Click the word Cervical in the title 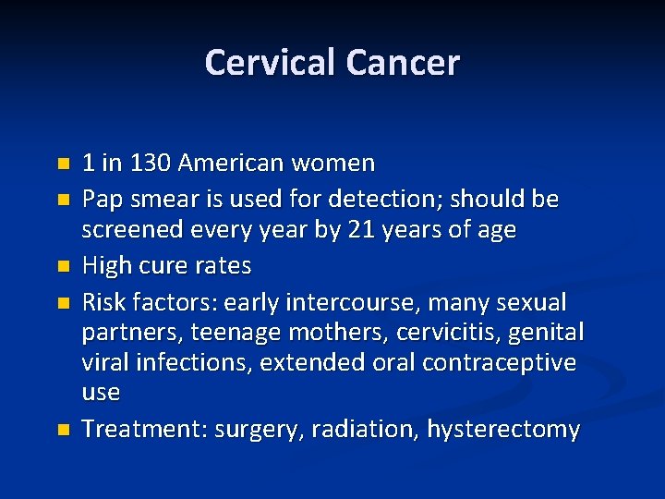271,63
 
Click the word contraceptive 499,361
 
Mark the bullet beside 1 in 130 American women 63,164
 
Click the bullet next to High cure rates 63,267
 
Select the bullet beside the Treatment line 63,431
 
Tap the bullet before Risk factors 63,302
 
